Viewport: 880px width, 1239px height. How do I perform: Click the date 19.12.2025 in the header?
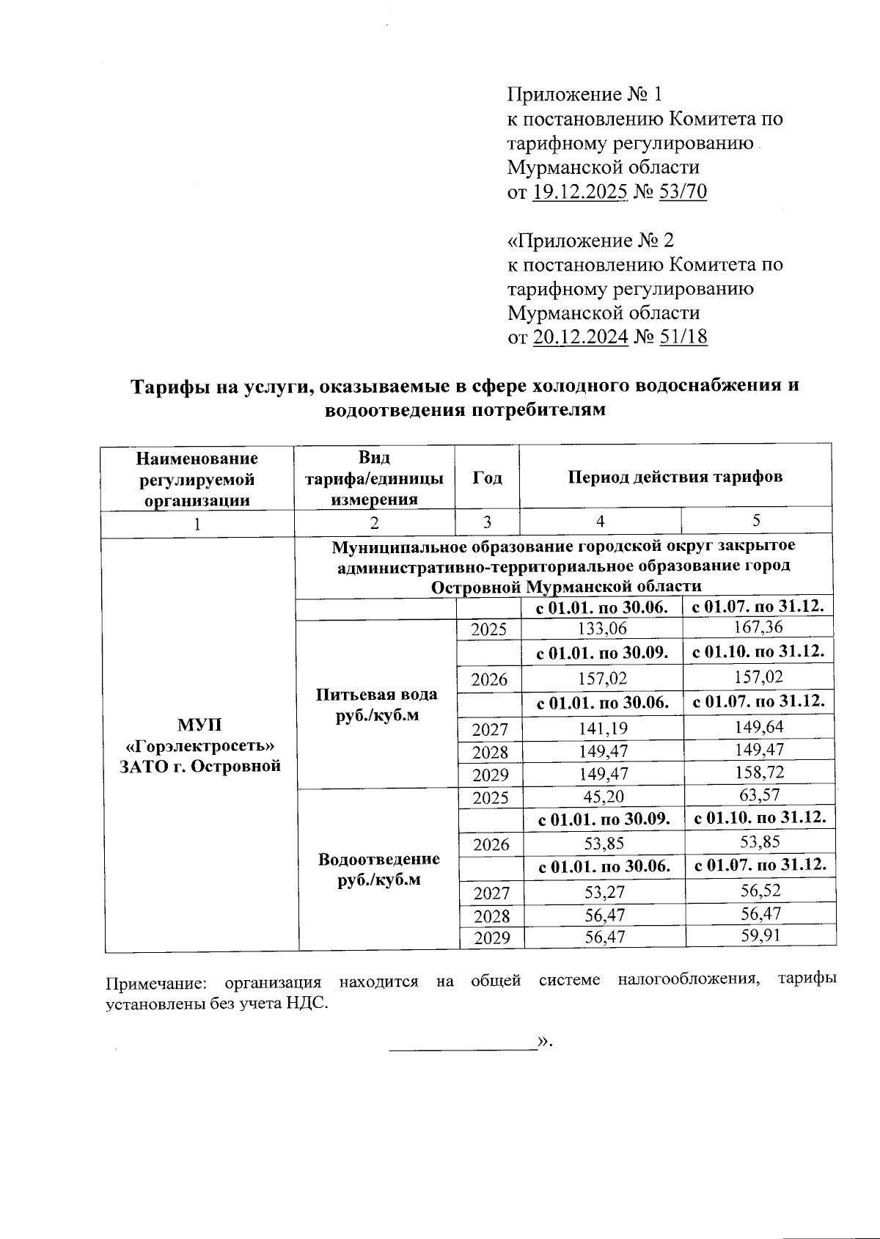[x=579, y=192]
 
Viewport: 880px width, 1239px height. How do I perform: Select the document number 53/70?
[x=683, y=192]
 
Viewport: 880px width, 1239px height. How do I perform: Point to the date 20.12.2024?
[x=580, y=337]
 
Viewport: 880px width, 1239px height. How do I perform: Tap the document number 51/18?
[x=683, y=337]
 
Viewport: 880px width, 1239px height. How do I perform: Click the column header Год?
[x=487, y=478]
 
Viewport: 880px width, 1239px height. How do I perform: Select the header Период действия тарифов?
[x=675, y=477]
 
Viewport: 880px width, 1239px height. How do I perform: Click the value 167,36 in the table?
[x=758, y=627]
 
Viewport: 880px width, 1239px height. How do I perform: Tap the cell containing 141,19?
[x=602, y=728]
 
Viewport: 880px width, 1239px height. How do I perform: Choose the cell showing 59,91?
[x=760, y=935]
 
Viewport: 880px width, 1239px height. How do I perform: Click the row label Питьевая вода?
[x=377, y=695]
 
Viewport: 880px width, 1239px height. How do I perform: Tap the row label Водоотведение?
[x=378, y=859]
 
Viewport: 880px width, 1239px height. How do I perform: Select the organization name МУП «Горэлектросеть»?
[x=199, y=736]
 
